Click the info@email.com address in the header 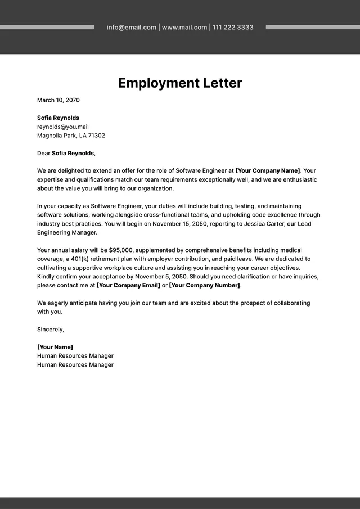pos(132,27)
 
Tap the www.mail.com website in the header pos(184,27)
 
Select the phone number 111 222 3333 pos(233,27)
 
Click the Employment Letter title pos(180,83)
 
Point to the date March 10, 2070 pos(58,100)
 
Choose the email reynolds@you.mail pos(63,127)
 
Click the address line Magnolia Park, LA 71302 pos(71,136)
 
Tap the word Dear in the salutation pos(44,153)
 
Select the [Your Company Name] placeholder pos(268,170)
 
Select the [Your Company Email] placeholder pos(128,286)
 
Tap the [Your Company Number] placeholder pos(205,286)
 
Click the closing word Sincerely pos(50,329)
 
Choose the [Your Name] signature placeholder pos(55,347)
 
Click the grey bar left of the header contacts pos(47,27)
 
